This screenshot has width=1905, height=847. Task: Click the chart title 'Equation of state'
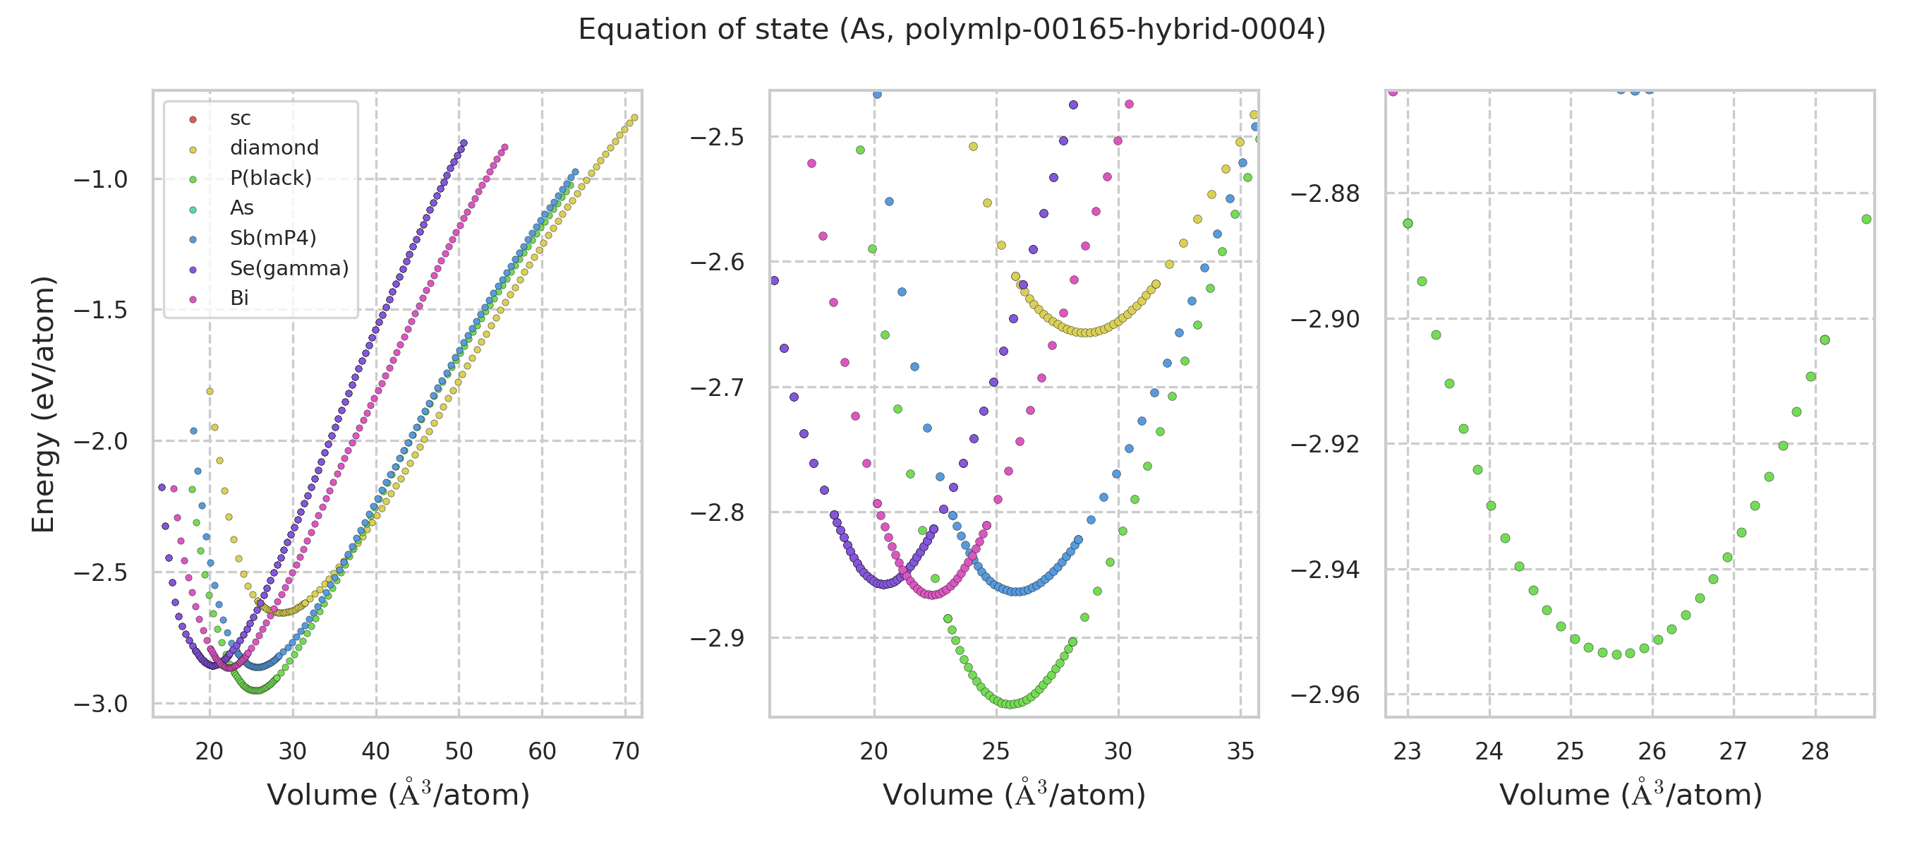click(x=952, y=30)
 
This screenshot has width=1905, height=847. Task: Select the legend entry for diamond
click(x=274, y=148)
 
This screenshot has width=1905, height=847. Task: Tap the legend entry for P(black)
click(x=271, y=179)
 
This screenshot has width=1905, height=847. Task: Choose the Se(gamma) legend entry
click(x=289, y=268)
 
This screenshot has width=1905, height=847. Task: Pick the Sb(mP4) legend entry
click(x=273, y=238)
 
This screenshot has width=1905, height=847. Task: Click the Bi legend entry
click(x=239, y=298)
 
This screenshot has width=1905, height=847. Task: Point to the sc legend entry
click(x=241, y=119)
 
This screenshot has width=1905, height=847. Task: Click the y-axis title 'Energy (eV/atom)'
click(x=44, y=404)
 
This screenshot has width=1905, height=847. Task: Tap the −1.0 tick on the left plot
click(x=101, y=180)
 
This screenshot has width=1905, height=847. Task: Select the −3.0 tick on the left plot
click(x=101, y=704)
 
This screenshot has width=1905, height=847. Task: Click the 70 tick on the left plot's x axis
click(x=626, y=752)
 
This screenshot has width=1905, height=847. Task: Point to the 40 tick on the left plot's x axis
click(x=375, y=752)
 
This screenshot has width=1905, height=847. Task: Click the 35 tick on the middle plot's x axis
click(x=1240, y=752)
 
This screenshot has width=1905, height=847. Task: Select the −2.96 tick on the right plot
click(x=1325, y=695)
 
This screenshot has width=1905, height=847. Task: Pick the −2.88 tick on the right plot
click(x=1325, y=194)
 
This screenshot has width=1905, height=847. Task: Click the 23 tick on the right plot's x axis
click(x=1408, y=752)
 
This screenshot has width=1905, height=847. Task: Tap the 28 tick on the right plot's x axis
click(x=1815, y=752)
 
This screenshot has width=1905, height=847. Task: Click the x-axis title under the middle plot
click(x=1014, y=795)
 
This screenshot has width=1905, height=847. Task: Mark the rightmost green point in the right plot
click(x=1866, y=219)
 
